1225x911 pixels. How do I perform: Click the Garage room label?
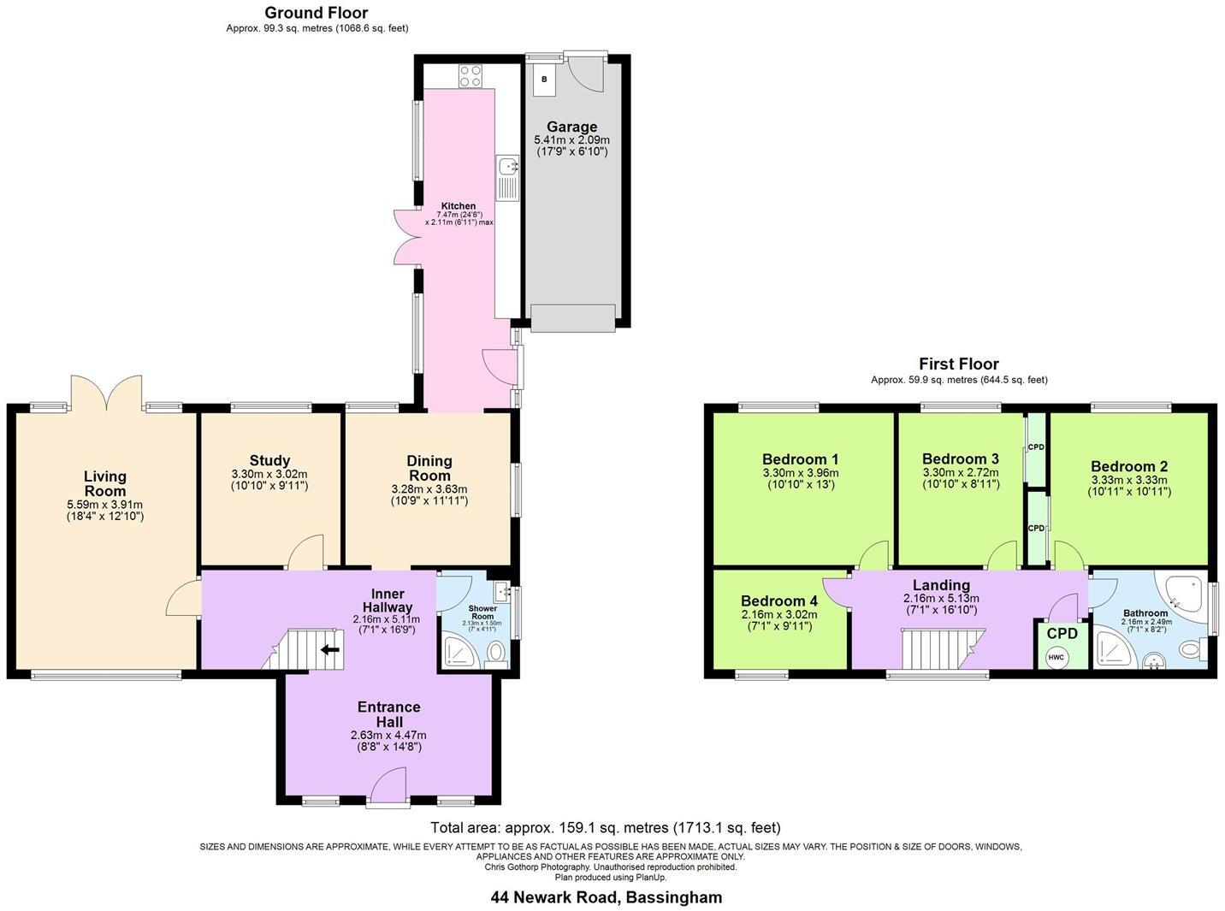click(571, 127)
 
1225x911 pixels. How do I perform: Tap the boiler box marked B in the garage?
click(544, 79)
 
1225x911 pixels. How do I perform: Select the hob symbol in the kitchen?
click(470, 76)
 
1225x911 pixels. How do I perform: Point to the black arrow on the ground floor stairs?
click(330, 649)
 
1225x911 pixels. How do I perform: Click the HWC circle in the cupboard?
click(1056, 657)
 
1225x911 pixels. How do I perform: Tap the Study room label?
click(269, 460)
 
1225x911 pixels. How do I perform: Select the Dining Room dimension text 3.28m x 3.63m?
click(429, 489)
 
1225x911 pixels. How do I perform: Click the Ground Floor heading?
click(316, 13)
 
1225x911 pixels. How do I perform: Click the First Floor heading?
click(958, 364)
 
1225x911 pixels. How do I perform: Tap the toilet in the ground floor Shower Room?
click(495, 654)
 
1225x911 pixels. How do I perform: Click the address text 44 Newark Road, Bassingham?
click(606, 897)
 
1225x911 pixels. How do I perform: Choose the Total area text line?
click(606, 827)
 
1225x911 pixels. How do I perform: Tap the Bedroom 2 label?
click(1128, 466)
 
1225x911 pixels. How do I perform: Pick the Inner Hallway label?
click(388, 600)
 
